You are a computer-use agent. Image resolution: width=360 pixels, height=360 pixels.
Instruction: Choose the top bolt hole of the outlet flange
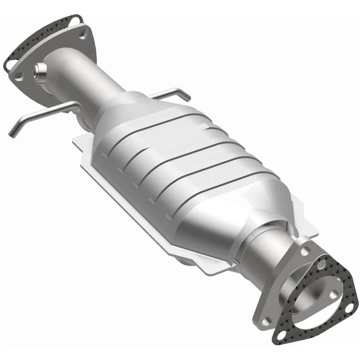pyautogui.click(x=306, y=250)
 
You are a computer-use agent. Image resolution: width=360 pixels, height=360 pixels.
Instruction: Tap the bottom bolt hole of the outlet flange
pyautogui.click(x=267, y=321)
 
